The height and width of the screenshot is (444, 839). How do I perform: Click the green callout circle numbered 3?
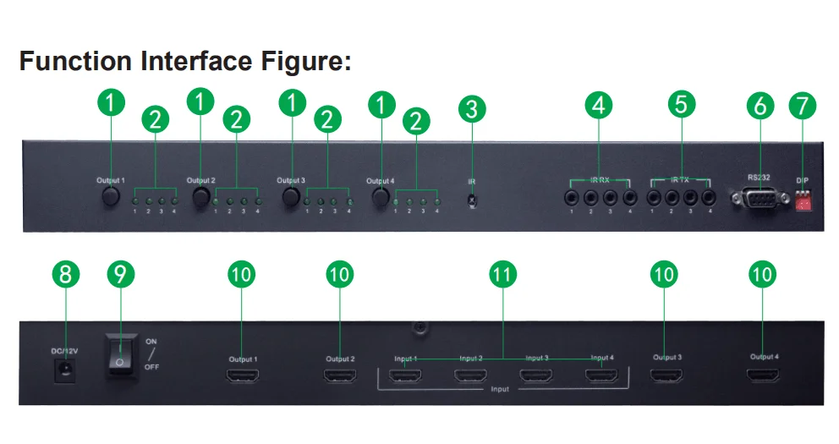(x=473, y=108)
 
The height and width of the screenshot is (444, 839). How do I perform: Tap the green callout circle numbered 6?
(x=760, y=106)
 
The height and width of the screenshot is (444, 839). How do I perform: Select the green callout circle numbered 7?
(x=803, y=106)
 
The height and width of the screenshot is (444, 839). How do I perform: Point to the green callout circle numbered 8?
(x=66, y=274)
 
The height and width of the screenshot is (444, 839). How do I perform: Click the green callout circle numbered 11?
(x=503, y=274)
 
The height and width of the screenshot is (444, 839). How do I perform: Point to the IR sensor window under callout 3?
(x=472, y=200)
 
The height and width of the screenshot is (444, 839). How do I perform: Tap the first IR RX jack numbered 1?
(x=573, y=198)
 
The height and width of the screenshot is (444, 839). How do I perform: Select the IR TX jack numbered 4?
(x=710, y=198)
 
